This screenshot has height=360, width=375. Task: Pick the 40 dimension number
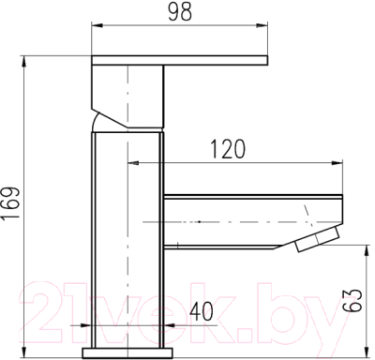pyautogui.click(x=200, y=309)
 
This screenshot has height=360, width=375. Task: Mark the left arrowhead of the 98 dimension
pyautogui.click(x=94, y=32)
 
